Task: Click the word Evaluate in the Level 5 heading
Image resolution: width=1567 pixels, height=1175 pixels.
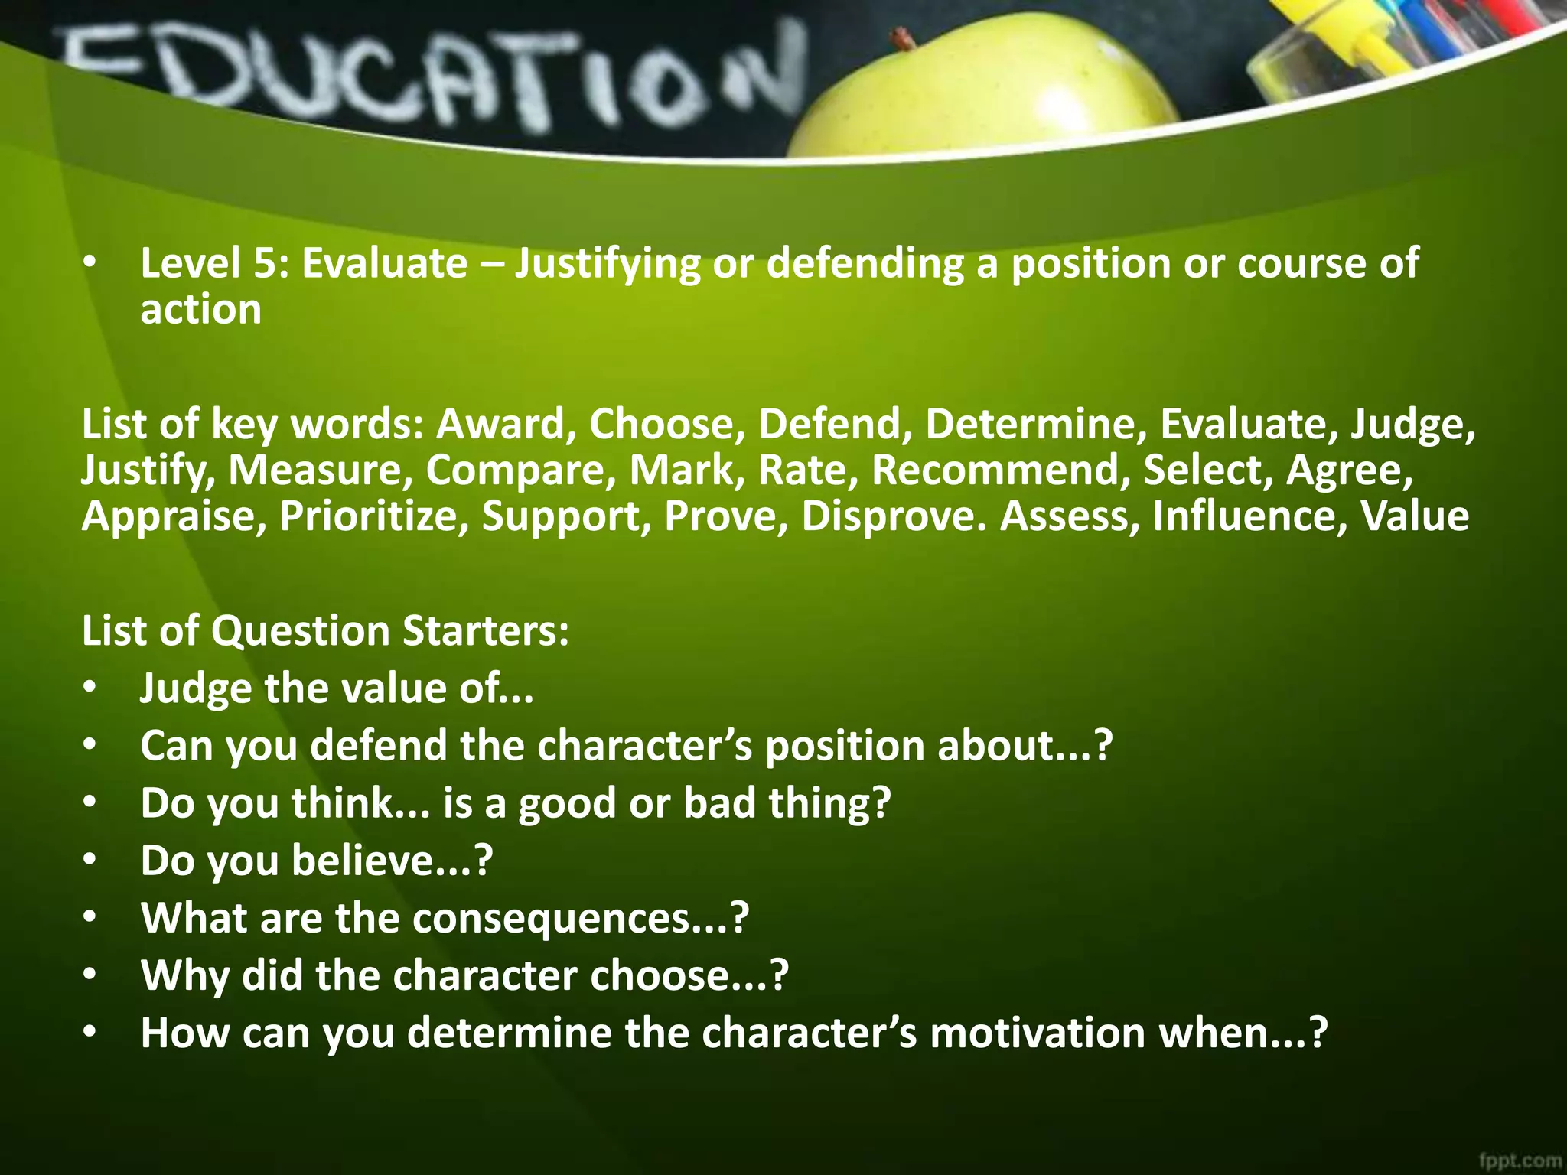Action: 384,263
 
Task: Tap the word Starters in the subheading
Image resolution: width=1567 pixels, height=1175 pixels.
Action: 485,631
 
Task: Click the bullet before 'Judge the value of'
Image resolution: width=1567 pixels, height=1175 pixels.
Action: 90,688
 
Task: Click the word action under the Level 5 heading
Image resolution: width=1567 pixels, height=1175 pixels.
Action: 200,310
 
